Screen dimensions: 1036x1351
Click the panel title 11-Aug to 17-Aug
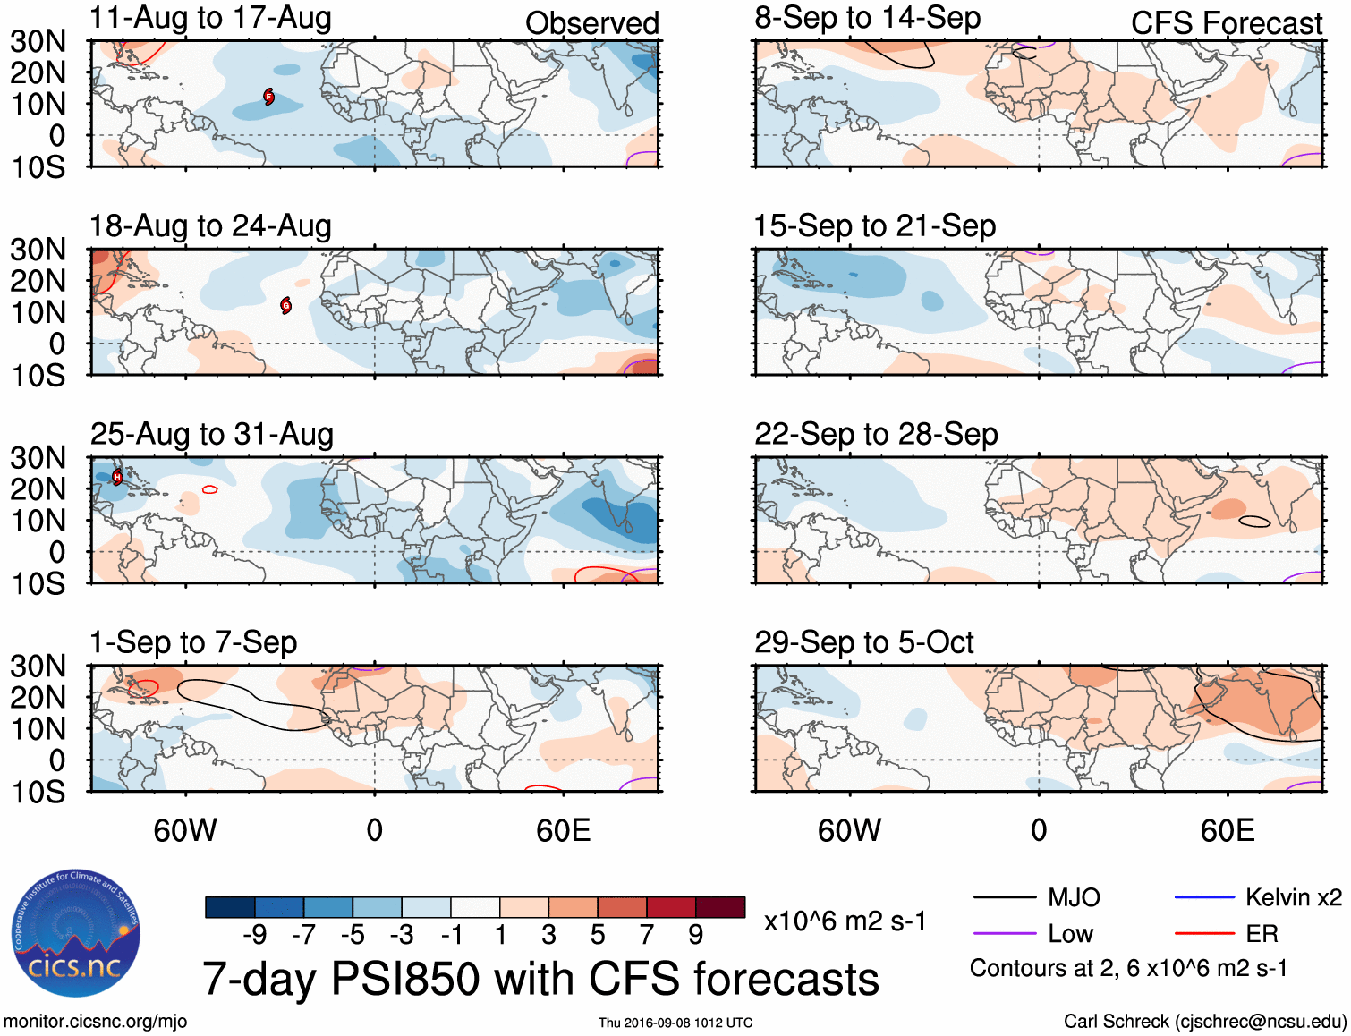point(210,18)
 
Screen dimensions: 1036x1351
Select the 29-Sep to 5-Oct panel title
point(863,642)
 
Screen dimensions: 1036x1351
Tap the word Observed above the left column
point(591,23)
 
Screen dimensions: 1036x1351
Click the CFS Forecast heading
point(1226,23)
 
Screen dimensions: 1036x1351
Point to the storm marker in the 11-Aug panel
point(268,97)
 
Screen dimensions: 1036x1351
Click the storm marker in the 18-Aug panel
point(286,305)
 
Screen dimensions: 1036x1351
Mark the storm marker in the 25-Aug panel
point(117,477)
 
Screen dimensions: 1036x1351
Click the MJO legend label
point(1074,897)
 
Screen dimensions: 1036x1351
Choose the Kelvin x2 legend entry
point(1293,897)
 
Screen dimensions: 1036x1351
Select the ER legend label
point(1262,934)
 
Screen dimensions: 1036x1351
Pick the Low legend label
point(1070,934)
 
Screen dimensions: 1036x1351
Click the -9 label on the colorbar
point(254,935)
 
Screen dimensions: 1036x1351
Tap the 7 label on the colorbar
point(647,935)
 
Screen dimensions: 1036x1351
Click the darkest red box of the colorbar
point(720,907)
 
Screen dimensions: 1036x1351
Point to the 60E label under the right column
point(1227,830)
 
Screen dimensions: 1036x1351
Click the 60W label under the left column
point(185,830)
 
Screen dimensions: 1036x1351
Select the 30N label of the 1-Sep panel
point(38,666)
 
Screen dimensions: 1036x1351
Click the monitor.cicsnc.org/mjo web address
point(96,1022)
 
